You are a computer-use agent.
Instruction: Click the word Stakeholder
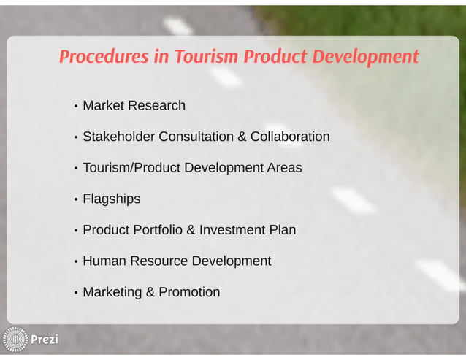point(118,137)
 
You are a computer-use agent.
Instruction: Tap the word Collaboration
point(290,137)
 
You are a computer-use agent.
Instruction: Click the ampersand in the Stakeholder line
point(242,137)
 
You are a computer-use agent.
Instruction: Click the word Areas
point(284,168)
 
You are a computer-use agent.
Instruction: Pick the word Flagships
point(111,199)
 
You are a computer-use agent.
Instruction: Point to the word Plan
point(283,230)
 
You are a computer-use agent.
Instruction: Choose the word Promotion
point(189,292)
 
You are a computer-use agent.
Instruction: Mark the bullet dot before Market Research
point(75,107)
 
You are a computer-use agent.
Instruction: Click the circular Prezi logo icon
point(15,339)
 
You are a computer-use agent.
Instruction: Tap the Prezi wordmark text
point(44,340)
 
